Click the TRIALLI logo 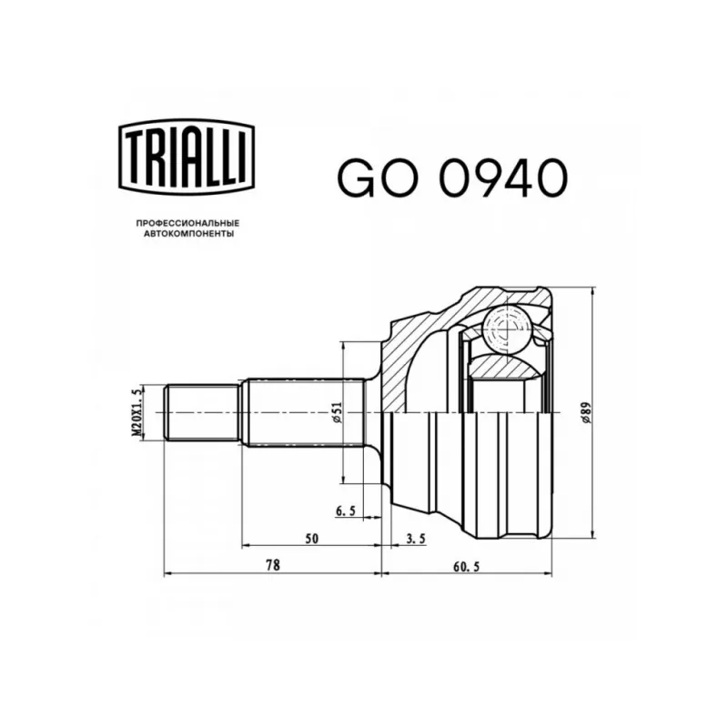click(x=187, y=157)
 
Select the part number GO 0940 click(x=452, y=177)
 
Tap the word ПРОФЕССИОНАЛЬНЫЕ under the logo click(x=187, y=223)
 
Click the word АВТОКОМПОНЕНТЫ click(x=188, y=234)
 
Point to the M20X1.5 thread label click(x=136, y=412)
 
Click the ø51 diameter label click(x=337, y=413)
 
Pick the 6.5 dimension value click(x=346, y=511)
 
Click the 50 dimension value click(x=312, y=539)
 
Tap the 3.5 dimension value click(x=416, y=539)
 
